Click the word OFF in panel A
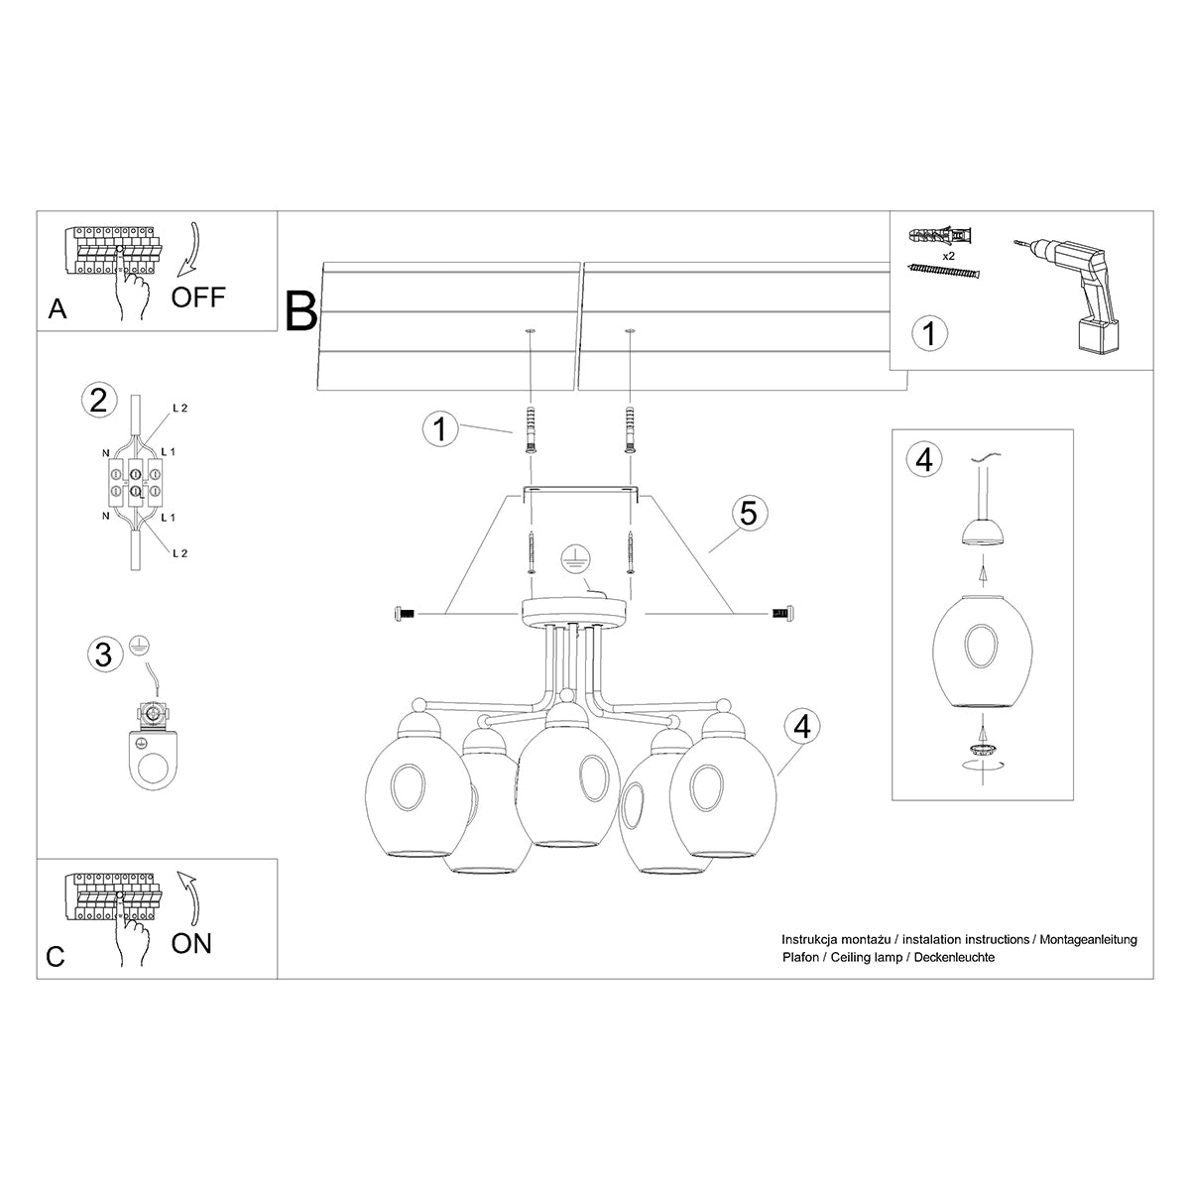click(198, 297)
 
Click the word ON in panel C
click(191, 942)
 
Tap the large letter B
click(301, 310)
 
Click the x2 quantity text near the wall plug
click(948, 256)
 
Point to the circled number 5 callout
click(749, 513)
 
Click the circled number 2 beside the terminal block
click(97, 400)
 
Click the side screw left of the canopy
click(404, 615)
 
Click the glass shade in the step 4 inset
click(982, 650)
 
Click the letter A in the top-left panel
click(58, 310)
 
